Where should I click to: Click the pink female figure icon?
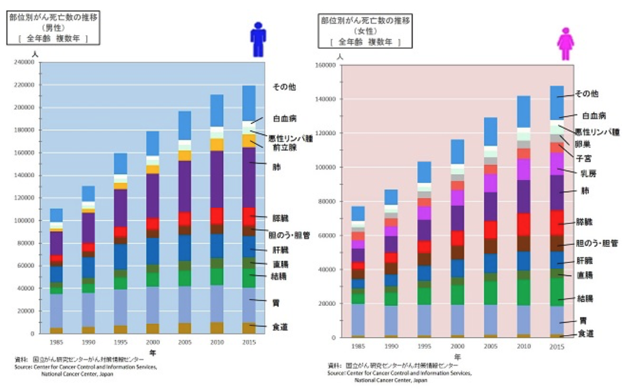pyautogui.click(x=566, y=44)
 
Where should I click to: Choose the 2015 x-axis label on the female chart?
pyautogui.click(x=557, y=347)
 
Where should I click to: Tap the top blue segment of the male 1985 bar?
pyautogui.click(x=56, y=215)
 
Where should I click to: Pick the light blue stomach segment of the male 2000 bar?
pyautogui.click(x=152, y=305)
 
